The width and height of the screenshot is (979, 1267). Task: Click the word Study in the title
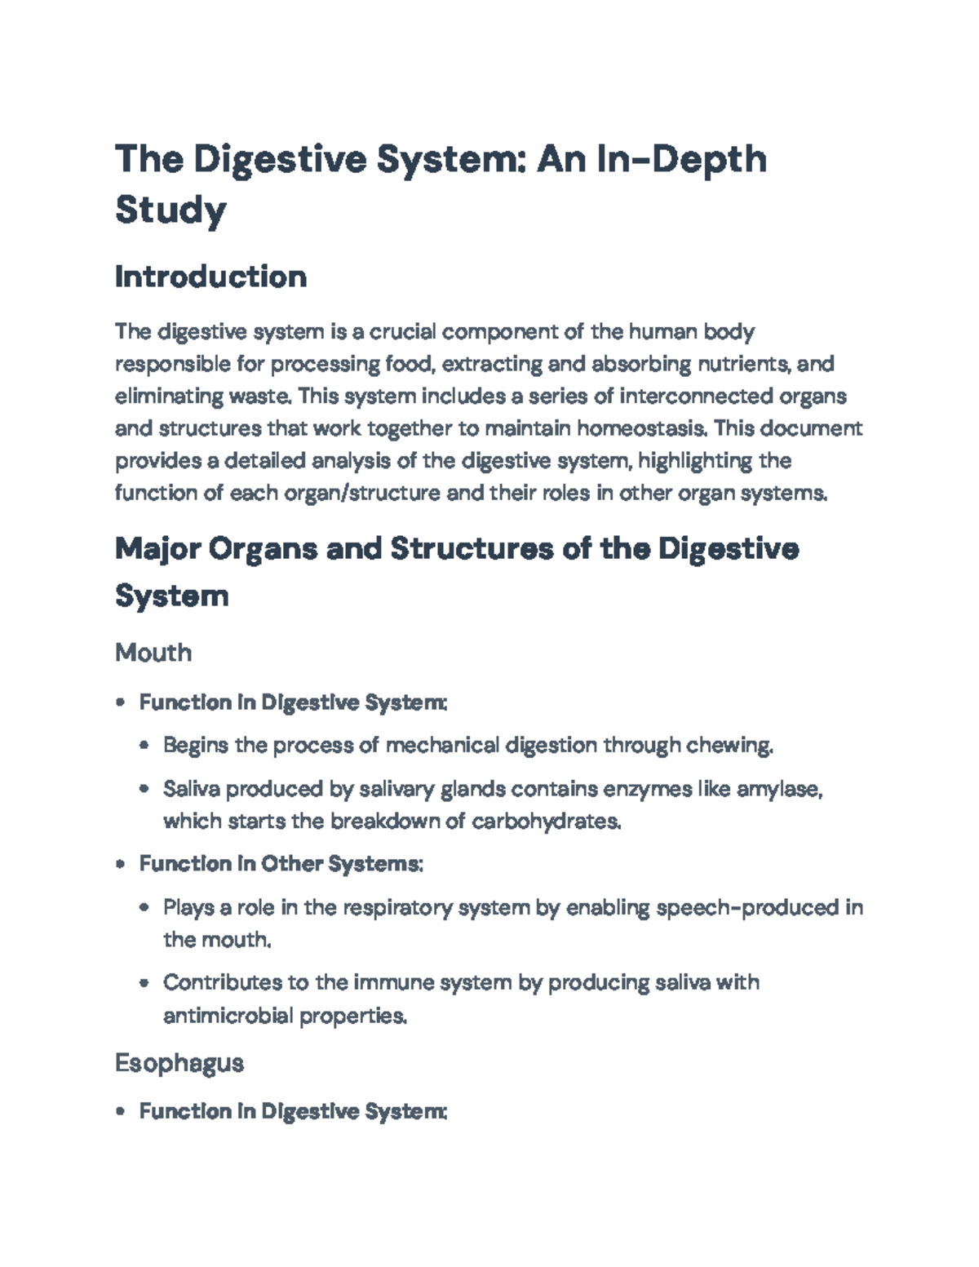coord(171,210)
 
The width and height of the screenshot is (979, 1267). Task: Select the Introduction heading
coord(210,277)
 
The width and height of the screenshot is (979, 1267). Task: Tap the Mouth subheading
coord(153,652)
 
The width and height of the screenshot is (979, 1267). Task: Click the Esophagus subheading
coord(179,1062)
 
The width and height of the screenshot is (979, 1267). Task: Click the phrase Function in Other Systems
coord(280,864)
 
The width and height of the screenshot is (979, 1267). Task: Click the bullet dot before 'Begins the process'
coord(144,746)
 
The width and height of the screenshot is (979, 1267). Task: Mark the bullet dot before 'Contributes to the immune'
coord(144,983)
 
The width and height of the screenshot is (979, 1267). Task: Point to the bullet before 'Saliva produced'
coord(144,790)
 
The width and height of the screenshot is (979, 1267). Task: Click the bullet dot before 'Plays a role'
coord(144,908)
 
